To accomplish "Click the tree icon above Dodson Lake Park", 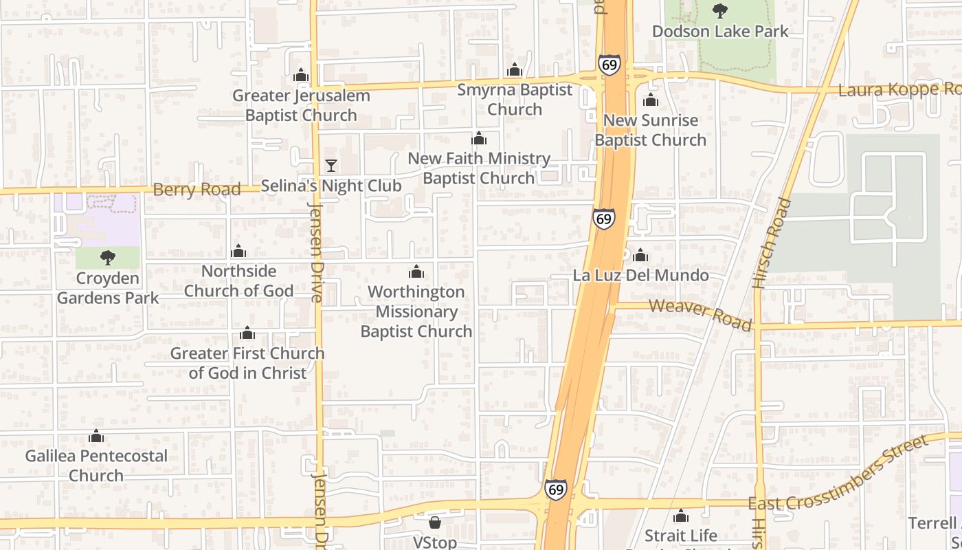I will click(719, 10).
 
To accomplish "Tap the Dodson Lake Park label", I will click(720, 32).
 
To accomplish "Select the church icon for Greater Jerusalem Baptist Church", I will click(301, 76).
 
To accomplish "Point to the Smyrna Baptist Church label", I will click(515, 100).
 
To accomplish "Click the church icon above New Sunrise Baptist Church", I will click(650, 100).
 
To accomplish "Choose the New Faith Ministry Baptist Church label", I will click(479, 168).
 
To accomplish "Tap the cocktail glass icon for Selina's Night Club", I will click(331, 166).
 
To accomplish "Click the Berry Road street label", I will click(197, 190).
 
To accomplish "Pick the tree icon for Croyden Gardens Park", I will click(107, 258).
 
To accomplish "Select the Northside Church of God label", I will click(238, 281).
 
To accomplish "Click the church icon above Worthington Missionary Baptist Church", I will click(416, 272).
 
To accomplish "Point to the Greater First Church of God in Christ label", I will click(247, 363).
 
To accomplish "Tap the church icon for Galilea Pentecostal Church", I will click(96, 437).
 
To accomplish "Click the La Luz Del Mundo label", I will click(641, 276).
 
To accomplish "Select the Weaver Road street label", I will click(700, 314).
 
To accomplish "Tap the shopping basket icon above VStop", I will click(435, 522).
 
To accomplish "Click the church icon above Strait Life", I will click(681, 516).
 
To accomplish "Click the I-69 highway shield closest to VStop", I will click(556, 489).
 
